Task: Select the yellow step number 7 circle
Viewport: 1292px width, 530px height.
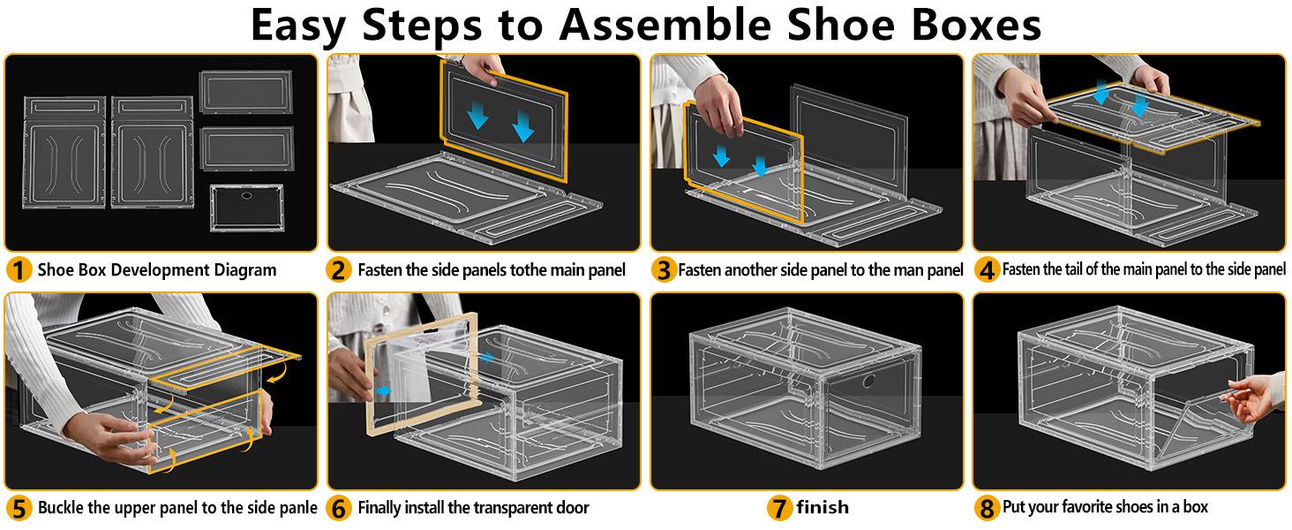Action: click(x=779, y=508)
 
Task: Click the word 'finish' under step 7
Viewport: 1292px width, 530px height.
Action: click(x=822, y=508)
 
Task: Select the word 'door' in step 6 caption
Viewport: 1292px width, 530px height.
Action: click(x=570, y=508)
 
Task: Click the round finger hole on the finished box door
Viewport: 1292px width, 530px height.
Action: click(x=868, y=381)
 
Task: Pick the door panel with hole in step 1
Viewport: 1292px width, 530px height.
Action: click(x=246, y=208)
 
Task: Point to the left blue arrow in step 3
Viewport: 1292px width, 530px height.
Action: click(x=721, y=156)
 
